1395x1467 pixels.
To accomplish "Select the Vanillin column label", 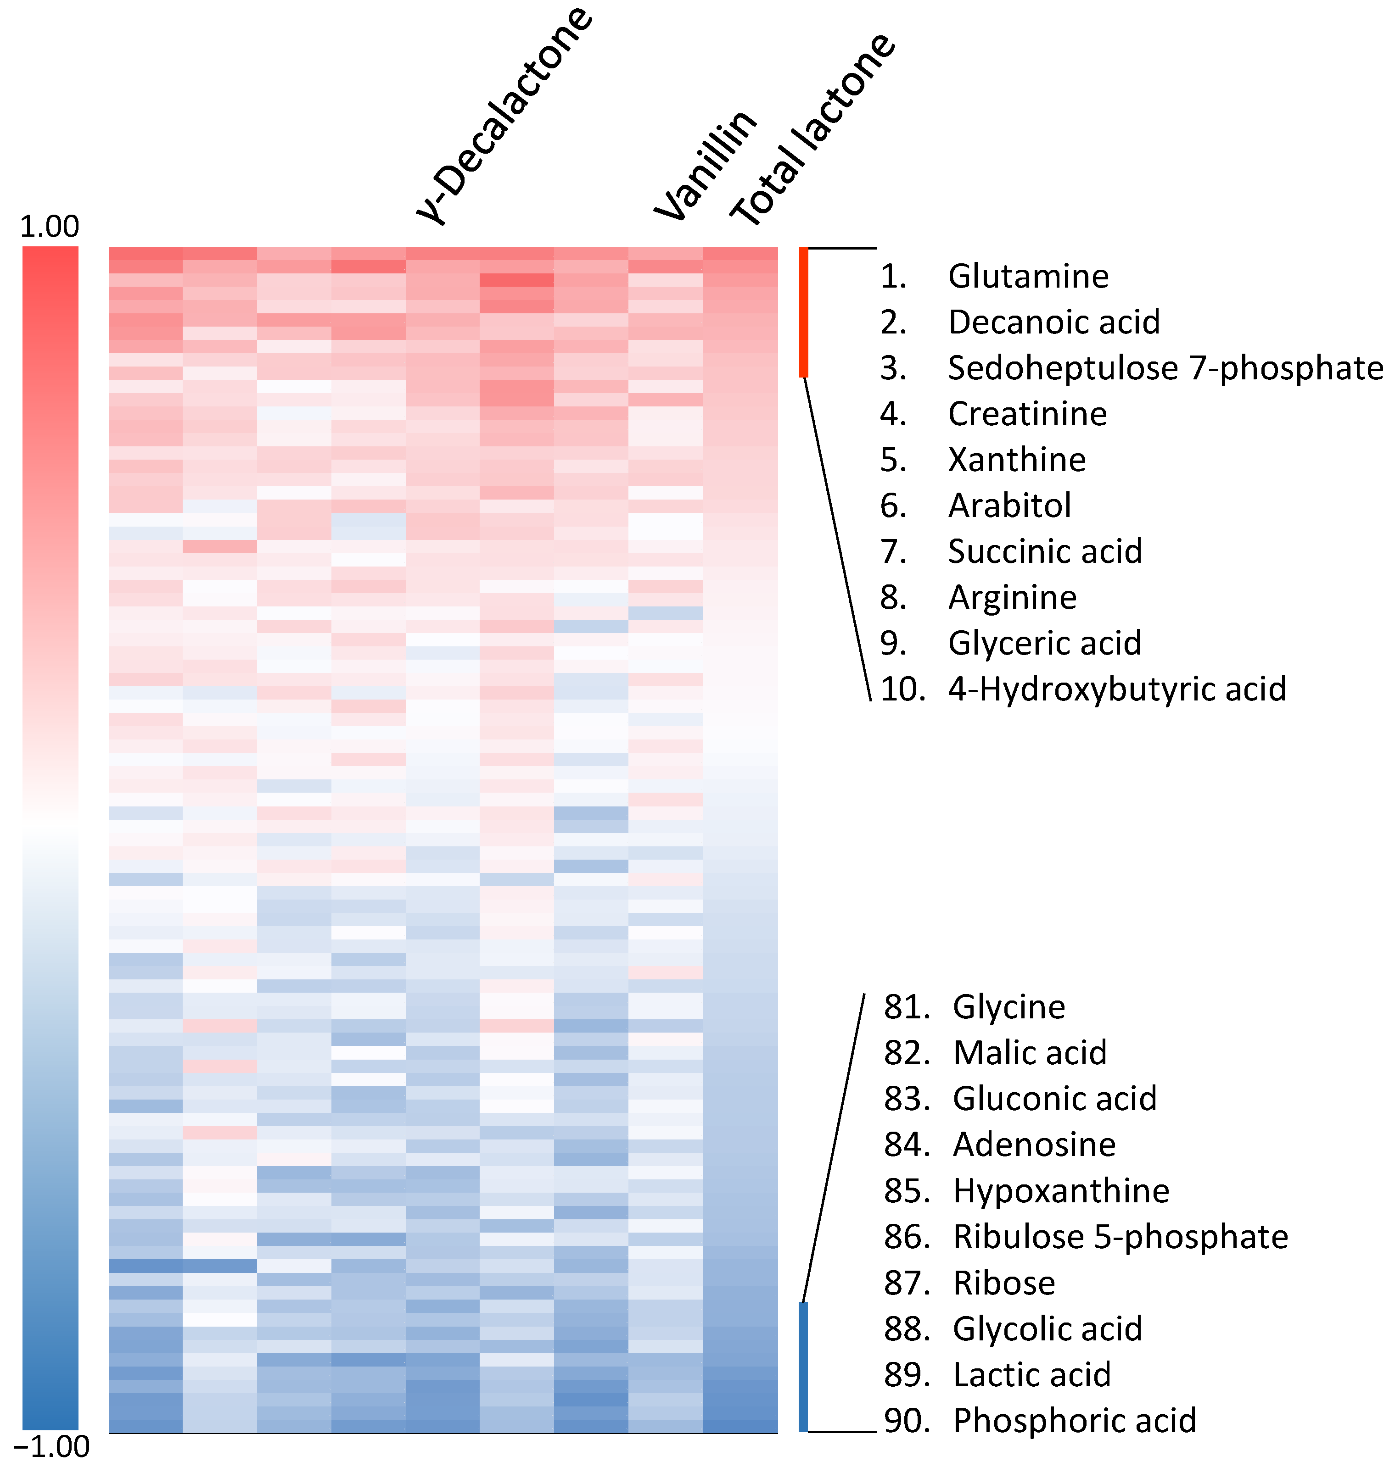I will (706, 165).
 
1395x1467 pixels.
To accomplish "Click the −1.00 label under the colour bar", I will (51, 1446).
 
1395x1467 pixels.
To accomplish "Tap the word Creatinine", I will (1027, 414).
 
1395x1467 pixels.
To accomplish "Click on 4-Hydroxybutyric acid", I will (1117, 689).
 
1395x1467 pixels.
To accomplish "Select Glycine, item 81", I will (1009, 1007).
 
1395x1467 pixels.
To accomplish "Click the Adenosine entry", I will (1034, 1145).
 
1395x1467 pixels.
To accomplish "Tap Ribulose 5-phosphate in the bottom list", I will (1120, 1237).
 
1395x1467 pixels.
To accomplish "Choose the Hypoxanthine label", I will (1061, 1190).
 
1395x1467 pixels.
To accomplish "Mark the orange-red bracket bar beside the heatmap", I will (803, 312).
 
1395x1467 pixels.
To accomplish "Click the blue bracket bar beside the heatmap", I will (803, 1366).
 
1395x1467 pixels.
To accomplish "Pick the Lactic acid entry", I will (1032, 1374).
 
